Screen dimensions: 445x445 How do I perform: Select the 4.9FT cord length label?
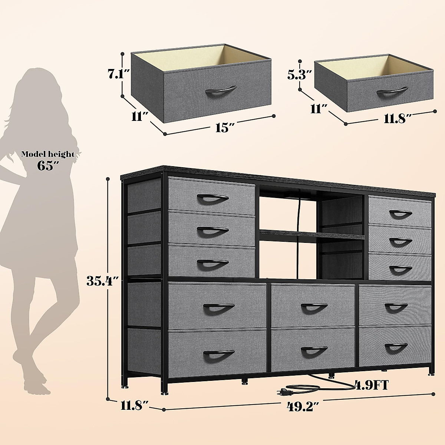click(372, 385)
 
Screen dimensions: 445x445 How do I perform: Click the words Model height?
click(47, 154)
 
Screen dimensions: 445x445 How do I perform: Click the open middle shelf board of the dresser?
click(311, 235)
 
